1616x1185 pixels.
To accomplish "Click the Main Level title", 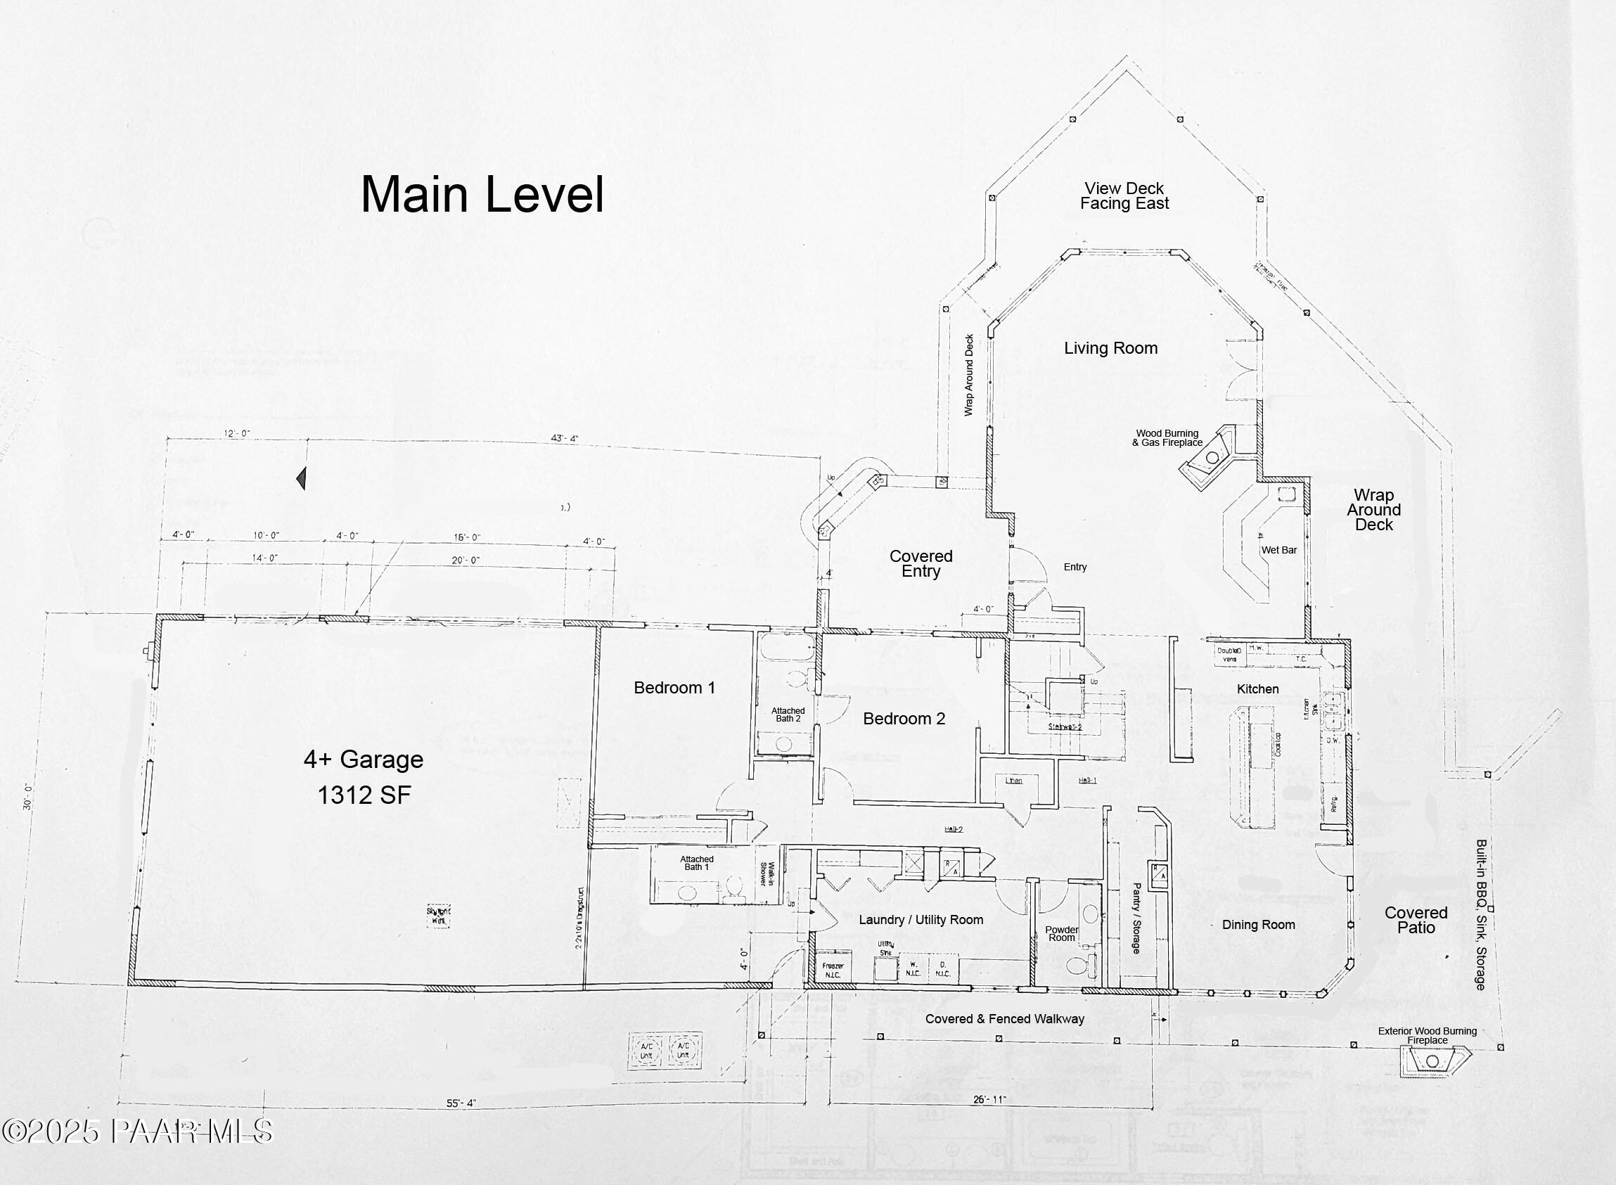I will (482, 195).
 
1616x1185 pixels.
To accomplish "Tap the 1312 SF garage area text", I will (364, 795).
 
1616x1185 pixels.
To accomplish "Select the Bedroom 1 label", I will (674, 688).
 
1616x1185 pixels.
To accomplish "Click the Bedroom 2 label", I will (904, 719).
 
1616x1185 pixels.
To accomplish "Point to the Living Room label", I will (1110, 349).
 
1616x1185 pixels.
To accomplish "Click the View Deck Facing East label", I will (1124, 196).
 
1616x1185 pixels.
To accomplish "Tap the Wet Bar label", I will (1279, 550).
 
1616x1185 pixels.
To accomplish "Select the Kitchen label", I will (1257, 689).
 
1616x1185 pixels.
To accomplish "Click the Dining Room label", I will (1258, 925).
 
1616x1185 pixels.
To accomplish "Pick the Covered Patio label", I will (1416, 921).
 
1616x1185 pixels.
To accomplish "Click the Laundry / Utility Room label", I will (921, 921).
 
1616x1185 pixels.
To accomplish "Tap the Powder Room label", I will (1062, 934).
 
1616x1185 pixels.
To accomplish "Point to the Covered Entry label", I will (921, 564).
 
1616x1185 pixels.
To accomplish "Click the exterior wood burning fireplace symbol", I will (1432, 1061).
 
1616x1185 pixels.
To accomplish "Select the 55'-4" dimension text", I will (461, 1103).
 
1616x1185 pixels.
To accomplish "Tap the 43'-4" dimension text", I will (564, 438).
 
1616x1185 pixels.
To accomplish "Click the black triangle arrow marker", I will (302, 478).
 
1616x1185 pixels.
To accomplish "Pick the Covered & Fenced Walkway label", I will (1004, 1019).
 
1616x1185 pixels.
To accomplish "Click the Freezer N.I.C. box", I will (833, 970).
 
